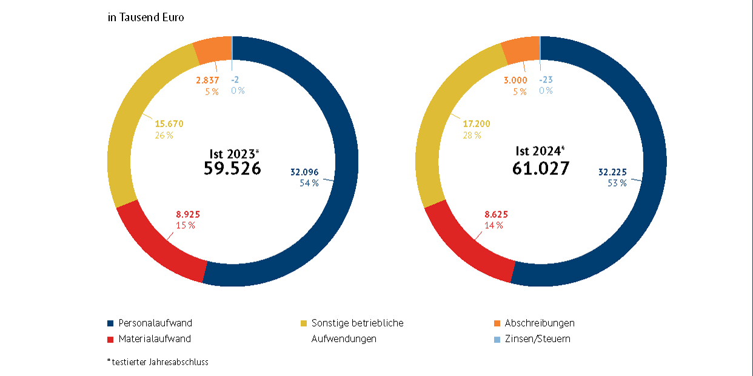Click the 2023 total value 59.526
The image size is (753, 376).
click(x=233, y=168)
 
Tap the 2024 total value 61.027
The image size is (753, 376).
click(x=541, y=168)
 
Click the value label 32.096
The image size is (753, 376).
click(x=304, y=172)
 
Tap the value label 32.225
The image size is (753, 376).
click(x=612, y=172)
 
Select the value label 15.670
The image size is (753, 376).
click(x=169, y=124)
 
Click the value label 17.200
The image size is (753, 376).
click(x=476, y=124)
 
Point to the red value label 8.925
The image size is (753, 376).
click(x=187, y=214)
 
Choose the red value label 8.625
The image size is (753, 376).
click(x=496, y=214)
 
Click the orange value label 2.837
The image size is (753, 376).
click(x=207, y=80)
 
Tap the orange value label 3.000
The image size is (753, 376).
click(x=515, y=80)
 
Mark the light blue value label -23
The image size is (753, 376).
click(x=546, y=80)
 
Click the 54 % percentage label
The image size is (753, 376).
click(x=309, y=183)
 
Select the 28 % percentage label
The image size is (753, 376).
click(x=472, y=135)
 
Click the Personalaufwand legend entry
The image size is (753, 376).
click(x=155, y=323)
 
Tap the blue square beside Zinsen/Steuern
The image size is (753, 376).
click(x=497, y=339)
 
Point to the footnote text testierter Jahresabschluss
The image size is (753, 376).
click(x=159, y=362)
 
